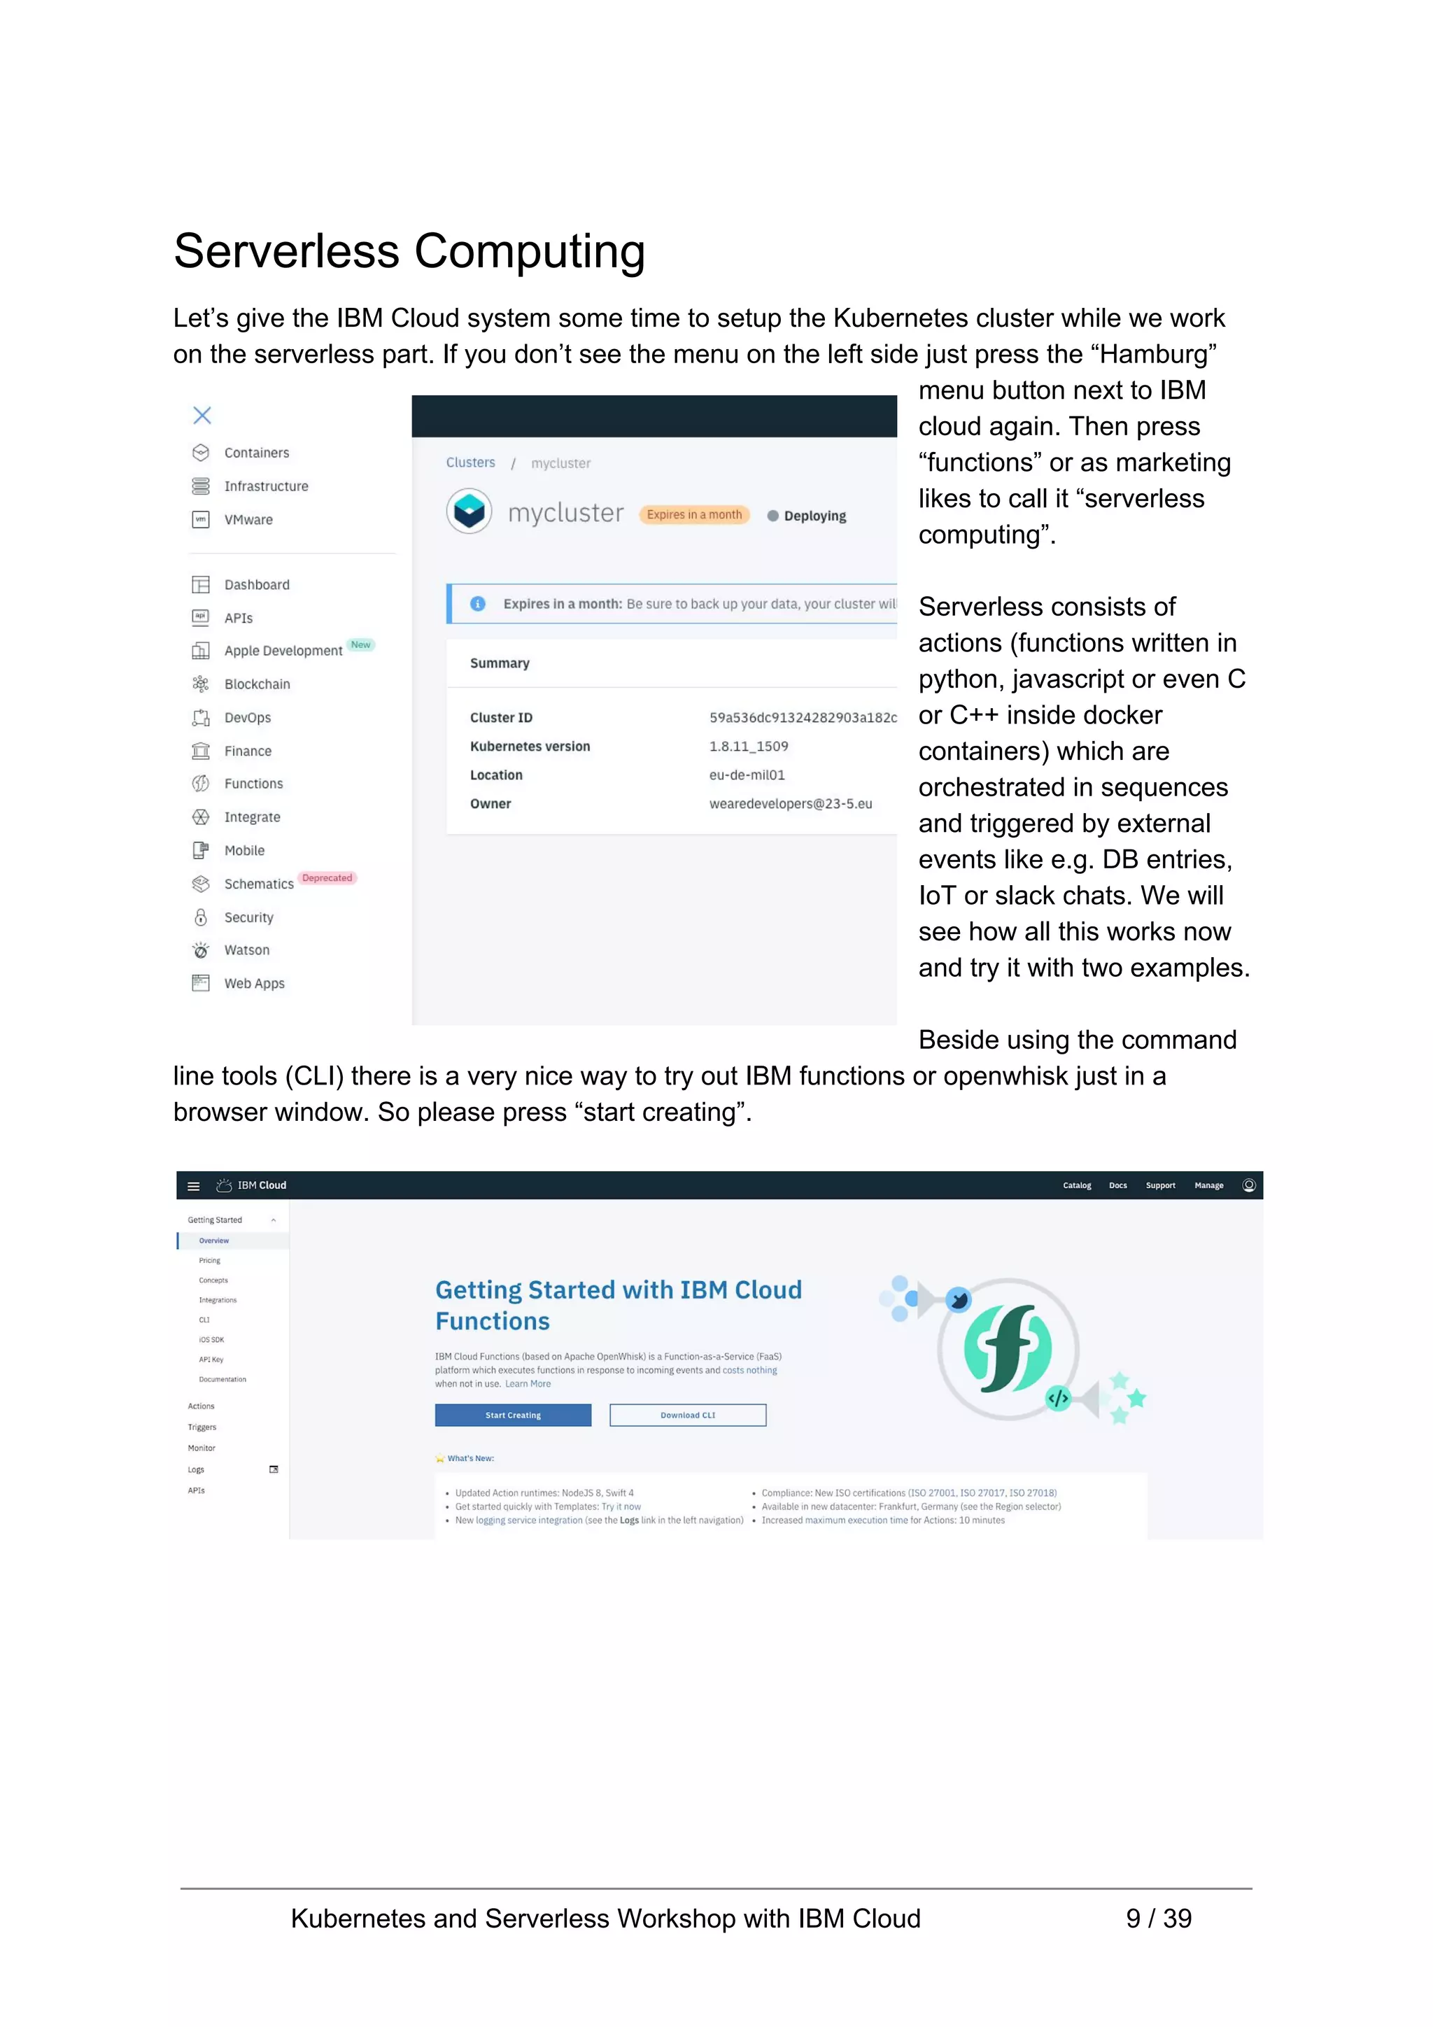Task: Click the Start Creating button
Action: [x=513, y=1415]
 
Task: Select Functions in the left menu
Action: [x=253, y=784]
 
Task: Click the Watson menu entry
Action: [x=246, y=950]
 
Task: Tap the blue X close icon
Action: [x=202, y=415]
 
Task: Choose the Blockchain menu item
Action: [x=257, y=684]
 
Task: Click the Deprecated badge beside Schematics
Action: [x=327, y=877]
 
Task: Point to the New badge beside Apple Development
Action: [x=360, y=644]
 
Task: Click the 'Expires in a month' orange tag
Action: [x=694, y=515]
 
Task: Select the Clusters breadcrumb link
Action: [x=471, y=462]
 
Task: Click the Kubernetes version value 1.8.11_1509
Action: [x=749, y=746]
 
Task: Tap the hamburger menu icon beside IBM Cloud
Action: [x=193, y=1186]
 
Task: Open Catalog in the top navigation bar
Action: [x=1076, y=1186]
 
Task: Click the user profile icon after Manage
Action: [x=1248, y=1185]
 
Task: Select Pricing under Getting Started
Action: [x=209, y=1261]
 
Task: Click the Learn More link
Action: [x=528, y=1384]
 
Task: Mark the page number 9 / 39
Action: [x=1159, y=1919]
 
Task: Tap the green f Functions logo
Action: [x=1008, y=1348]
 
